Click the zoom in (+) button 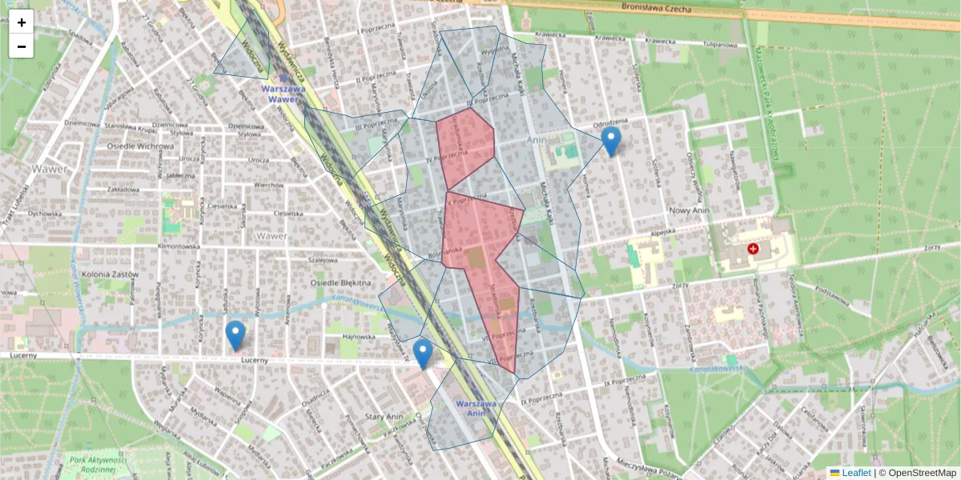pyautogui.click(x=22, y=22)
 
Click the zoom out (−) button pyautogui.click(x=22, y=46)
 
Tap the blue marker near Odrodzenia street pyautogui.click(x=611, y=141)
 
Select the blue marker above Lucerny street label pyautogui.click(x=235, y=334)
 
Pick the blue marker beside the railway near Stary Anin pyautogui.click(x=423, y=354)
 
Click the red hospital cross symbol pyautogui.click(x=753, y=250)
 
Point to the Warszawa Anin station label pyautogui.click(x=476, y=409)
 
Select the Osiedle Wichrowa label pyautogui.click(x=140, y=146)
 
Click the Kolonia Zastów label pyautogui.click(x=110, y=274)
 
